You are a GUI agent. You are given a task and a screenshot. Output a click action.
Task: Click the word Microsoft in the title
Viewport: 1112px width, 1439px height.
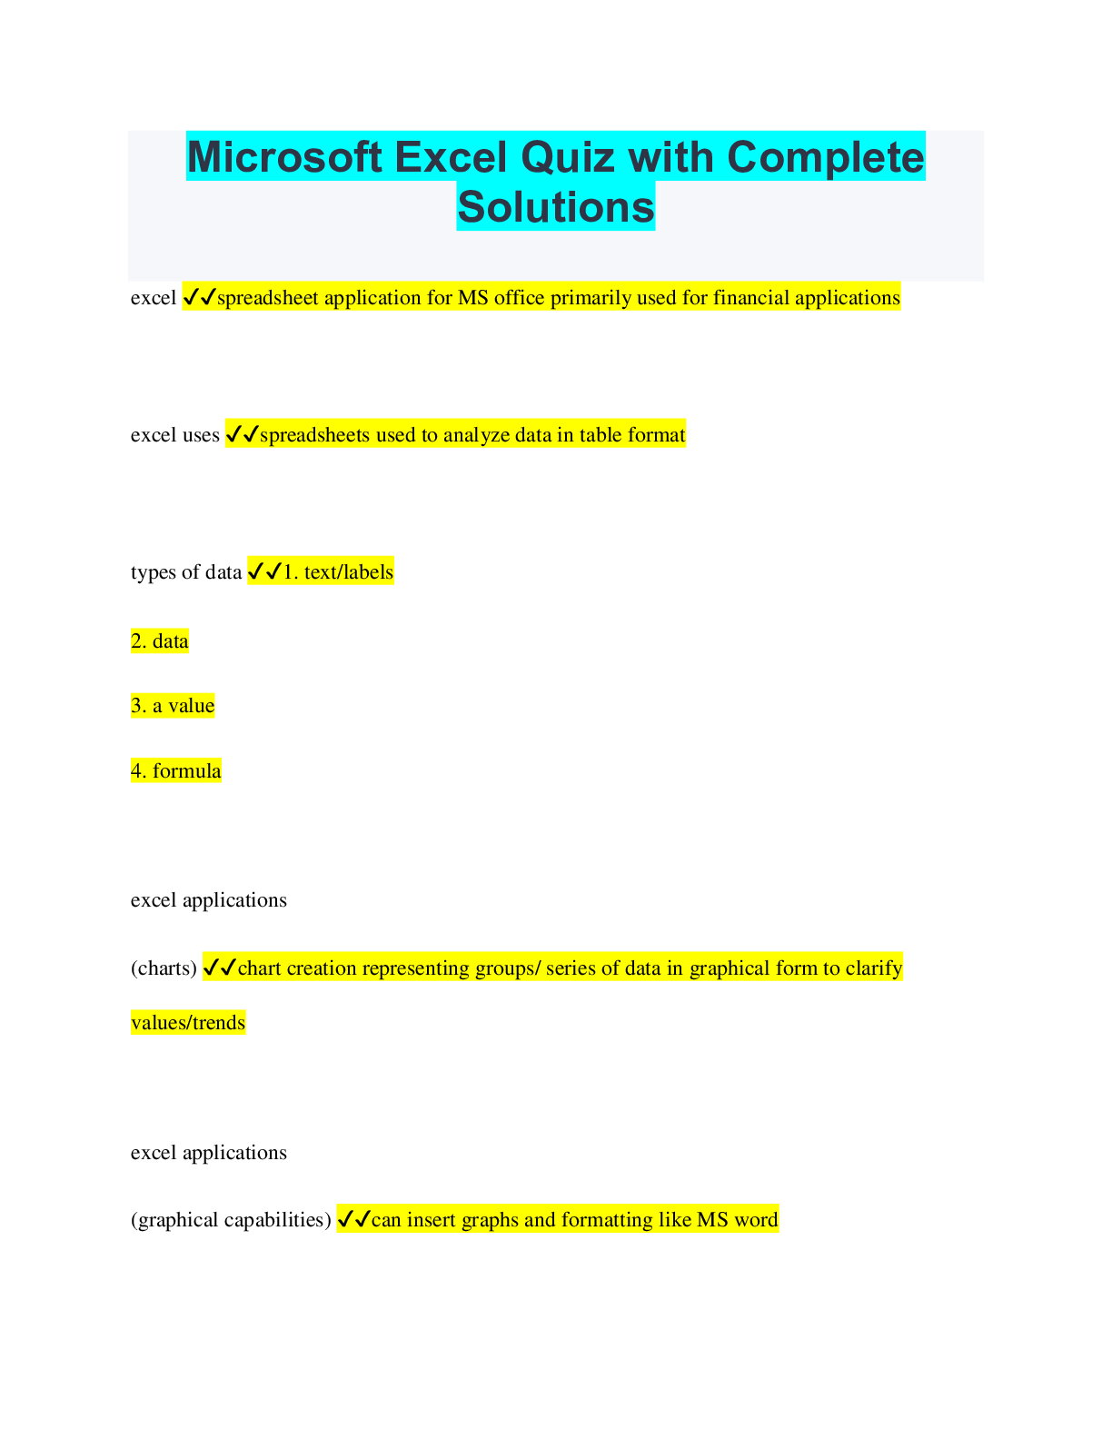[x=284, y=157]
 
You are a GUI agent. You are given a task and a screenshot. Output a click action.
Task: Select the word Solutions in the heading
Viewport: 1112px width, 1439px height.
[x=556, y=207]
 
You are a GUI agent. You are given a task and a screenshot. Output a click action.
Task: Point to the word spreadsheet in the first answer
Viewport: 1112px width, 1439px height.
[x=268, y=298]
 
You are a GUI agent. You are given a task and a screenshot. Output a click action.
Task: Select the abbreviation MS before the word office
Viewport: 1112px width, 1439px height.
[x=473, y=297]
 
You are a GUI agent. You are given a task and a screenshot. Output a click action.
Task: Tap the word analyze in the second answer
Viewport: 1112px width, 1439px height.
[x=476, y=435]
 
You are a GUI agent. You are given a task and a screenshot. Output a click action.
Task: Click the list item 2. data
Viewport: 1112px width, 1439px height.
[x=160, y=641]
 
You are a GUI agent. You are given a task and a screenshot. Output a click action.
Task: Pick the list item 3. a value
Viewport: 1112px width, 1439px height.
[x=173, y=706]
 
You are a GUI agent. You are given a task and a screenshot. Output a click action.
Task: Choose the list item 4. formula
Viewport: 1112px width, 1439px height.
[x=175, y=770]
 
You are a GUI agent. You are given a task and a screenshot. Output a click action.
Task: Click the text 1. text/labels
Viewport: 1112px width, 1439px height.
[x=338, y=571]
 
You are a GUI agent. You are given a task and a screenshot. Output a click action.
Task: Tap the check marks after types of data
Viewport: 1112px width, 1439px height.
[x=265, y=571]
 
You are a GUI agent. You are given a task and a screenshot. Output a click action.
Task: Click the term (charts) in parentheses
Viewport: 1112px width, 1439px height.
[x=164, y=968]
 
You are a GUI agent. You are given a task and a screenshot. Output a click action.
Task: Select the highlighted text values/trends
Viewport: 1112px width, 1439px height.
[x=188, y=1023]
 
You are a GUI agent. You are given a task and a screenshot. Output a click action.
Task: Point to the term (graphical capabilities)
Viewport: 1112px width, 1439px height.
[x=231, y=1220]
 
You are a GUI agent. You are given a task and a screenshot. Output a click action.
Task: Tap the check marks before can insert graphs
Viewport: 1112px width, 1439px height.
[x=353, y=1219]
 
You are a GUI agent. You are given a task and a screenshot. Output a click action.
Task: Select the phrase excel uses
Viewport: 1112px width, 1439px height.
[x=174, y=435]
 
